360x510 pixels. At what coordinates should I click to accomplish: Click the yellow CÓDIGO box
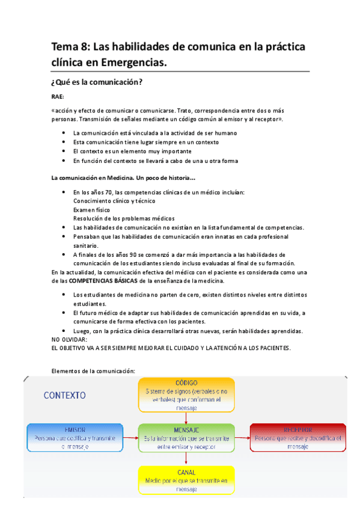tap(186, 395)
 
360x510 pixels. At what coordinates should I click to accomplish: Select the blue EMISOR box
tap(75, 438)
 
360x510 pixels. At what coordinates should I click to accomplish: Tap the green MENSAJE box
tap(186, 438)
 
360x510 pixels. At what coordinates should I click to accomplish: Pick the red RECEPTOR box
tap(298, 438)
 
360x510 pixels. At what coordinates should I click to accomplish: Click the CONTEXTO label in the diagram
tap(65, 395)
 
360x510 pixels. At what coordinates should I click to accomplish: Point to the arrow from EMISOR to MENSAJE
tap(131, 437)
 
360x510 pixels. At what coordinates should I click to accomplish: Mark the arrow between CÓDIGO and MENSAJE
tap(186, 417)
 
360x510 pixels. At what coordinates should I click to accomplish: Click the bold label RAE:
tap(58, 97)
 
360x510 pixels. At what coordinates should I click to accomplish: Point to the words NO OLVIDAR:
tap(70, 340)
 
